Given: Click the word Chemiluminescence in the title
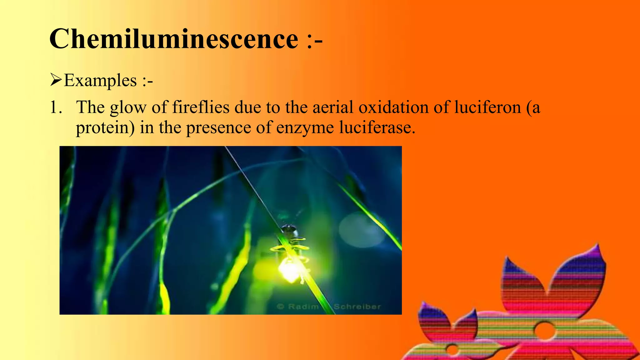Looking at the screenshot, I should [x=174, y=39].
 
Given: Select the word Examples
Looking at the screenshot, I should [x=100, y=81].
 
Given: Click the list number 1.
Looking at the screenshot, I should [x=55, y=107].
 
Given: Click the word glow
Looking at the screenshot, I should [x=128, y=108].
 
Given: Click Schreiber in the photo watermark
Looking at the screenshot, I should [x=357, y=307].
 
